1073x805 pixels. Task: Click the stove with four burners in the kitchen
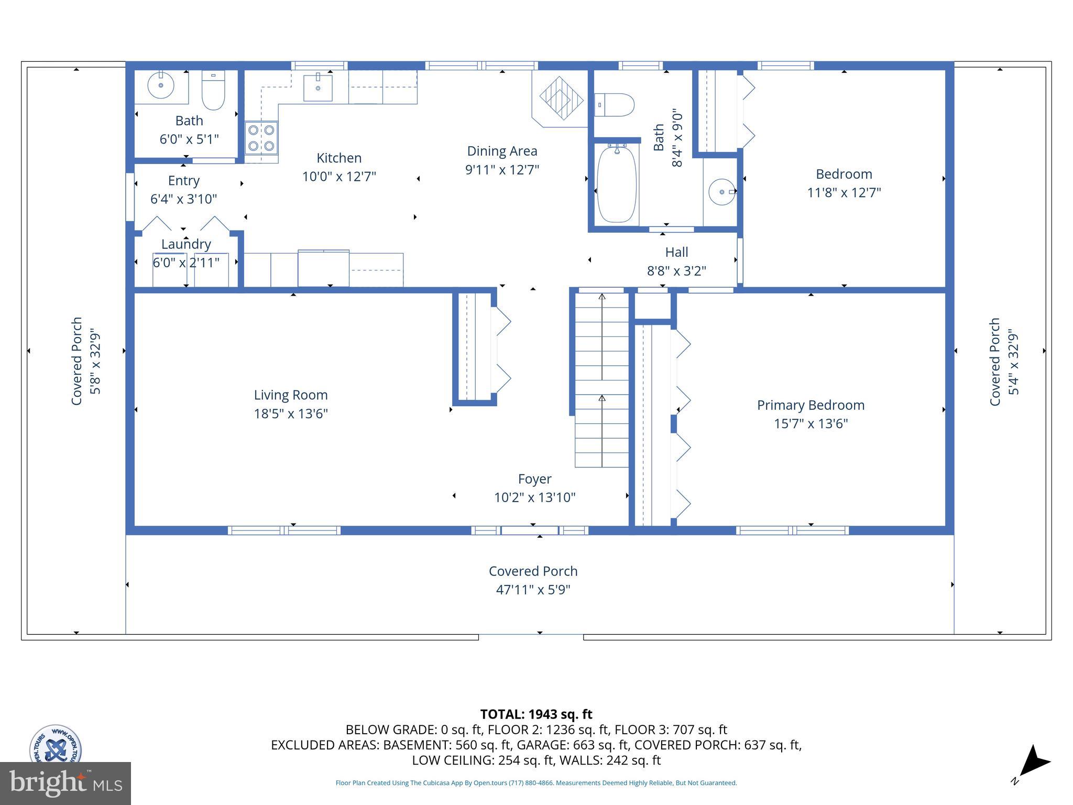[x=261, y=137]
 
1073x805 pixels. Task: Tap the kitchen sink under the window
[x=318, y=88]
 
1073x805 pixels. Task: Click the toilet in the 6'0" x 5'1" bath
[x=213, y=90]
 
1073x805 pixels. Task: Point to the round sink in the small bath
[x=160, y=85]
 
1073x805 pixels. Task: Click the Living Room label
[x=291, y=395]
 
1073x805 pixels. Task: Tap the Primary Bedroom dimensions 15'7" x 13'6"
[x=811, y=423]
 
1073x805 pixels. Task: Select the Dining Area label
[x=502, y=151]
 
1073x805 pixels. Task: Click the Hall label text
[x=676, y=252]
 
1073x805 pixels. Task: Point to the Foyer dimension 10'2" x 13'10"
[x=534, y=497]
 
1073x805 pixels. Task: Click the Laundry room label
[x=186, y=244]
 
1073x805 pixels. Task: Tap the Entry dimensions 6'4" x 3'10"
[x=183, y=199]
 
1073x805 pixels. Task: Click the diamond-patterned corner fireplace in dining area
[x=561, y=98]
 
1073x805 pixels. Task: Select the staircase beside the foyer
[x=602, y=380]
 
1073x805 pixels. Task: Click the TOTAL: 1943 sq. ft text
[x=536, y=714]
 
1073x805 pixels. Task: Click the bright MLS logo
[x=65, y=784]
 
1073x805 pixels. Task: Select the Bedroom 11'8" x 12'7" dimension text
[x=844, y=193]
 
